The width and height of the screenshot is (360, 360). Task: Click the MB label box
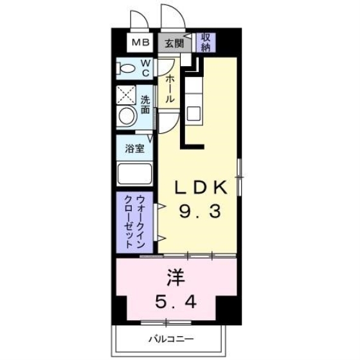click(141, 43)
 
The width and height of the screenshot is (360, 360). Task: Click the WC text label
click(145, 67)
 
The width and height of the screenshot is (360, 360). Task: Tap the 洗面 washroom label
click(145, 105)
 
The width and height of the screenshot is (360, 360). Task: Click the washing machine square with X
click(125, 95)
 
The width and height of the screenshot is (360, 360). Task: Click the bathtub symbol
click(134, 174)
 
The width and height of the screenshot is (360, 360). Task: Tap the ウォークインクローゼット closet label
click(134, 222)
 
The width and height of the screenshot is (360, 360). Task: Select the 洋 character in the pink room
click(176, 278)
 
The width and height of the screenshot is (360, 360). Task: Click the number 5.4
click(176, 301)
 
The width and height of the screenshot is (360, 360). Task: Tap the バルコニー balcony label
click(171, 339)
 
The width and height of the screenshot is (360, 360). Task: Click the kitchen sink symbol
click(194, 112)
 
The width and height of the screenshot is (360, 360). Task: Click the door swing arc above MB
click(136, 20)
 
